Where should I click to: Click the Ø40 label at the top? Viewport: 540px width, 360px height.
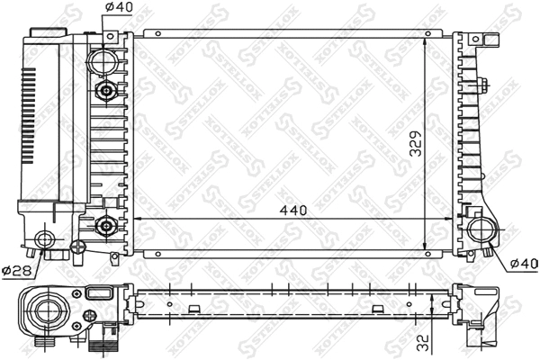(x=119, y=8)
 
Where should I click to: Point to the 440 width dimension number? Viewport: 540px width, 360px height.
(x=293, y=210)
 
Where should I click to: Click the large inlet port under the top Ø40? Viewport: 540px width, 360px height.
(x=103, y=62)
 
